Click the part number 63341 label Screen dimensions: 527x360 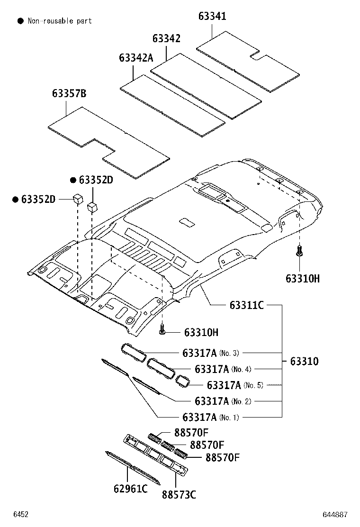click(212, 17)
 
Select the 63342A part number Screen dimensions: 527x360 click(136, 58)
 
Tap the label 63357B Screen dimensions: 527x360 click(69, 93)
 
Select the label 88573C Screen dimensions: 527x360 click(179, 495)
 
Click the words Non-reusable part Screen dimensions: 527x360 click(60, 21)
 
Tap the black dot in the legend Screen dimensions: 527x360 click(20, 21)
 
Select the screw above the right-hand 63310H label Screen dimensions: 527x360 click(299, 250)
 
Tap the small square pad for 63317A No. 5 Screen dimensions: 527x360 click(182, 380)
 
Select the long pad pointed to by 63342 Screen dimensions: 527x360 click(206, 85)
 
